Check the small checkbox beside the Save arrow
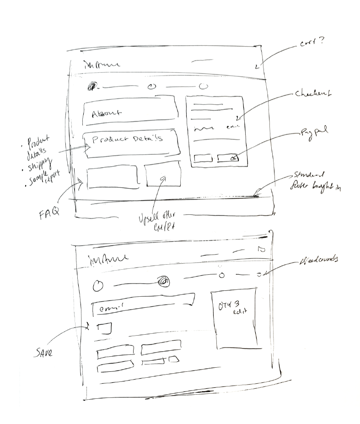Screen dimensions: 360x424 point(105,328)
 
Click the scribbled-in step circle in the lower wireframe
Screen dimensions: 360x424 point(162,283)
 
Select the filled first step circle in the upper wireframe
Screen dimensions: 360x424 point(93,86)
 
